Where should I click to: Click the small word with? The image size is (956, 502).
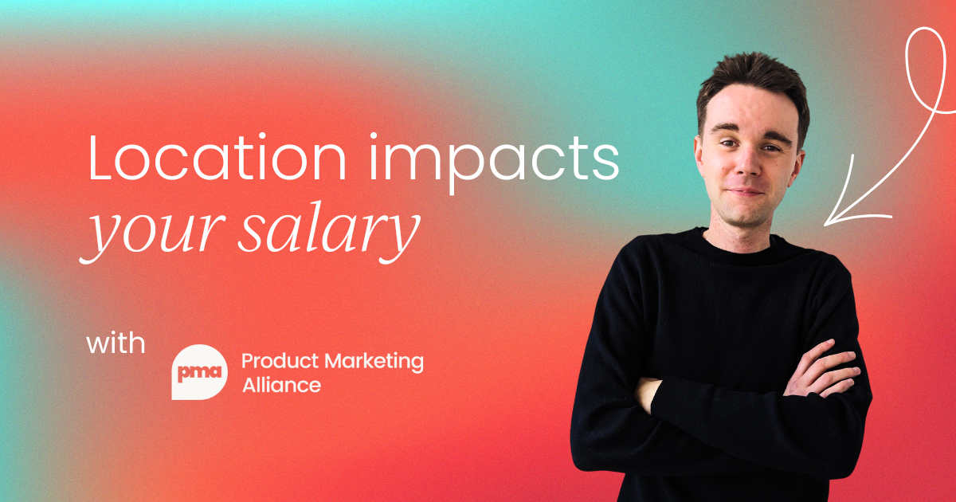click(x=116, y=345)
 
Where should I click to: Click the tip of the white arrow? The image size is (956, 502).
click(x=827, y=221)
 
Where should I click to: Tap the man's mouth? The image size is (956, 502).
click(x=746, y=192)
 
